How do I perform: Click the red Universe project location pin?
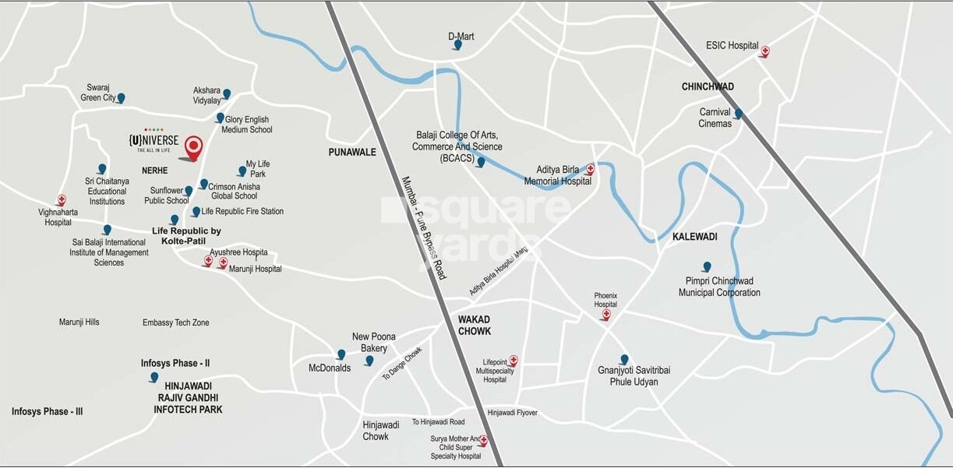tap(193, 146)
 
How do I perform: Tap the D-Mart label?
tap(461, 36)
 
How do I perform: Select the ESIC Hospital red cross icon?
tap(764, 51)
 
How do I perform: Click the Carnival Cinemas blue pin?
tap(738, 114)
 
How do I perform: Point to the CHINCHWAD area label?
tap(708, 86)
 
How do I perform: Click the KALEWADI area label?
tap(694, 236)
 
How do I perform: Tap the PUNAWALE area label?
tap(352, 152)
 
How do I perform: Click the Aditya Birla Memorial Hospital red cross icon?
tap(590, 168)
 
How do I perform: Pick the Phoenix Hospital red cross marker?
tap(605, 314)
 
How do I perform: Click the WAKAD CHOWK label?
tap(475, 325)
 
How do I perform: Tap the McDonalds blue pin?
tap(341, 354)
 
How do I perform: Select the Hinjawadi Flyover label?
tap(512, 413)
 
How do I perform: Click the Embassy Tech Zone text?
tap(175, 322)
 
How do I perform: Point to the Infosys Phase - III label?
tap(47, 411)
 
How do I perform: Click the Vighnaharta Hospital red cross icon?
tap(62, 200)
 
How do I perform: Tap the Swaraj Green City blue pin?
tap(121, 98)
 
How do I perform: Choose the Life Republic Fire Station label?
tap(242, 211)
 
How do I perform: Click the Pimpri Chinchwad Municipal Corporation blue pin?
tap(707, 266)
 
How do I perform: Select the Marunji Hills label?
tap(79, 322)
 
